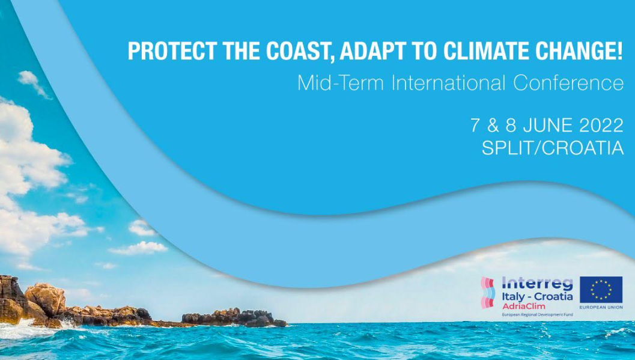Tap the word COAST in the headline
[x=299, y=52]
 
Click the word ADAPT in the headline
[x=371, y=50]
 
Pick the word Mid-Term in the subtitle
[x=340, y=83]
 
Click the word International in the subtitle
[x=448, y=83]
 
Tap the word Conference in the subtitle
[x=568, y=83]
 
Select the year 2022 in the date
[x=601, y=126]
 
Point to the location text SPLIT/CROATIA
[x=553, y=148]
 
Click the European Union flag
[x=601, y=290]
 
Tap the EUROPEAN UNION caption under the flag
[x=601, y=307]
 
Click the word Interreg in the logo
[x=538, y=284]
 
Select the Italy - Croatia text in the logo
[x=538, y=296]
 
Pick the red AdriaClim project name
[x=518, y=307]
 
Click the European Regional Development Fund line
[x=538, y=315]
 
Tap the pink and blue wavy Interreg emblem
[x=488, y=293]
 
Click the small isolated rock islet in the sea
[x=234, y=319]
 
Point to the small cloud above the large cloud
[x=34, y=84]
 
